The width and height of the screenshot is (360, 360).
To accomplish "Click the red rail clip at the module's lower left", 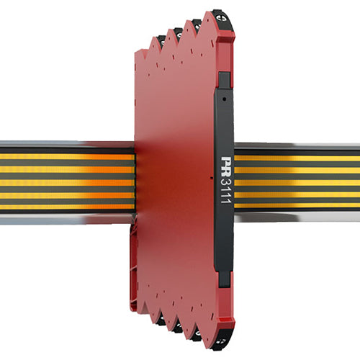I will [x=134, y=274].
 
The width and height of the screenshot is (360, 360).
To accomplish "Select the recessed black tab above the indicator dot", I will [x=224, y=78].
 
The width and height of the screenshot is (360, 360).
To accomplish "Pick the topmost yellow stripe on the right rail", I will [x=297, y=158].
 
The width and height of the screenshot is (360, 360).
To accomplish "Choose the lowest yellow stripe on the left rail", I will [x=65, y=204].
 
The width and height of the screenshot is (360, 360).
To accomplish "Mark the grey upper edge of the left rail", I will [x=65, y=145].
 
